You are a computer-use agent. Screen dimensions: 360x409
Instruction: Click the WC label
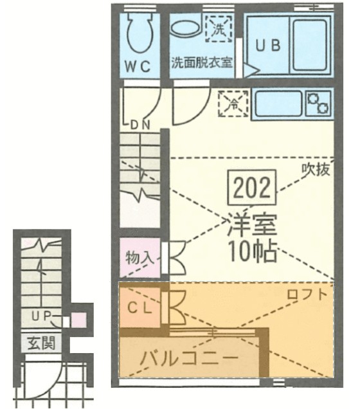(x=138, y=66)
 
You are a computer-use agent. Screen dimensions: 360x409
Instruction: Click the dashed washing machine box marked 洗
(x=219, y=28)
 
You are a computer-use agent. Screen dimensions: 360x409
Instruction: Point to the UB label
(x=267, y=46)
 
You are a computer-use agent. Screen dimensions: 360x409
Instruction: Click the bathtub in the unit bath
(x=310, y=45)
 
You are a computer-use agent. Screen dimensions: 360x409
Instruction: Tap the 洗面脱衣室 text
(x=201, y=63)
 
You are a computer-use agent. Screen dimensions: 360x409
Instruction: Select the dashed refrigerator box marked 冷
(x=233, y=104)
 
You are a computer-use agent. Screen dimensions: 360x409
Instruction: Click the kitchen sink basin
(x=278, y=104)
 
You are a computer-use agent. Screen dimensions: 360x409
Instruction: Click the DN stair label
(x=140, y=125)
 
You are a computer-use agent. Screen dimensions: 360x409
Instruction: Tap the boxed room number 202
(x=252, y=187)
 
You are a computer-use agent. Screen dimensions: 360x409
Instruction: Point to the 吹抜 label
(x=316, y=170)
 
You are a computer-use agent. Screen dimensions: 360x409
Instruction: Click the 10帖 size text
(x=252, y=251)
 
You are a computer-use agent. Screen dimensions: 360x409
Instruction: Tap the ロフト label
(x=307, y=294)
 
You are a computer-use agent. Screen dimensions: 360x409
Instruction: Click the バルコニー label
(x=190, y=358)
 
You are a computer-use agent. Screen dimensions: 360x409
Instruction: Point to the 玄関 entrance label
(x=42, y=343)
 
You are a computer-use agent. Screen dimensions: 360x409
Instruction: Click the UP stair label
(x=41, y=316)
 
